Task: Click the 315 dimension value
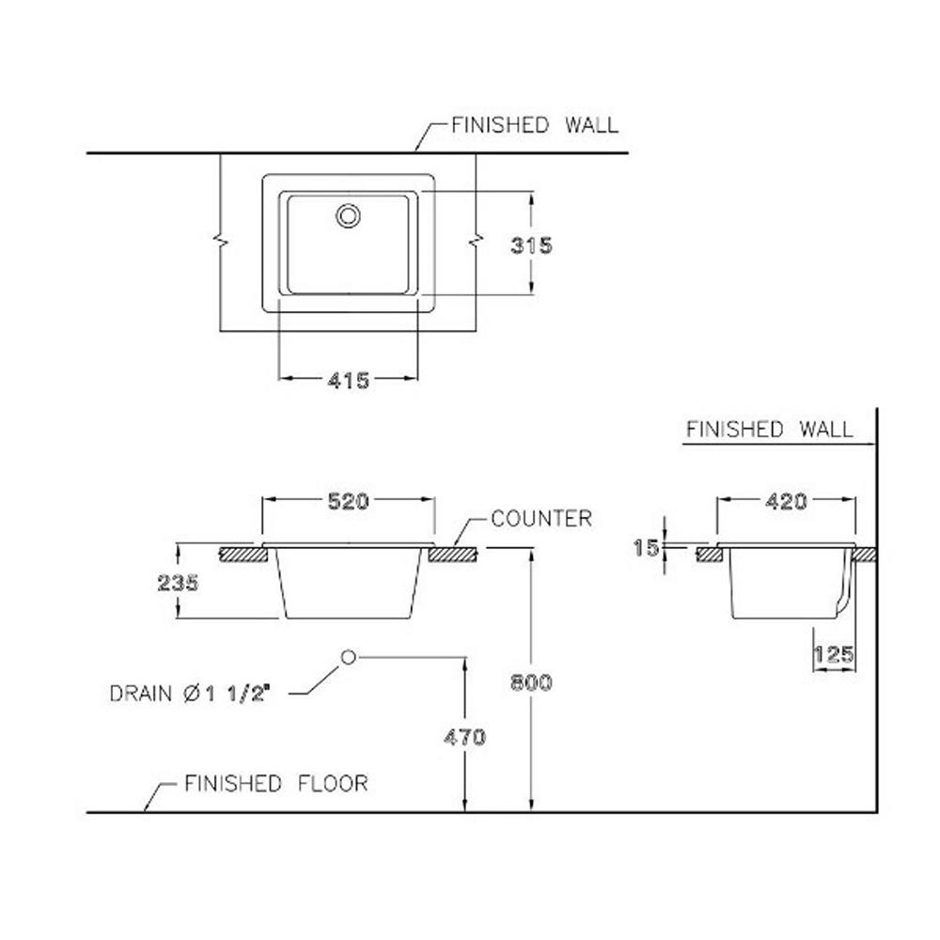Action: [531, 245]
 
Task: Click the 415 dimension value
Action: [348, 380]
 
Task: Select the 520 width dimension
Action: [348, 501]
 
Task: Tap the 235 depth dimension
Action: [178, 583]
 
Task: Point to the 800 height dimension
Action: [531, 682]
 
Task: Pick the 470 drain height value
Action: [464, 737]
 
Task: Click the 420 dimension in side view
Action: [786, 501]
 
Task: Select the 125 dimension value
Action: [834, 653]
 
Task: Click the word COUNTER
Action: [541, 518]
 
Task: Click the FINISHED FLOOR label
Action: [275, 782]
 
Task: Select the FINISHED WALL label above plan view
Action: [535, 124]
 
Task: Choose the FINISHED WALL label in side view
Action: [769, 430]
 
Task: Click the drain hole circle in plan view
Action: [348, 215]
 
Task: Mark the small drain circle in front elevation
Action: [348, 657]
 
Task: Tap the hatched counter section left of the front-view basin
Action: [241, 555]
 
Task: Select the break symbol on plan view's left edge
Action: [220, 243]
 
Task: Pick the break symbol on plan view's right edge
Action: [476, 243]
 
